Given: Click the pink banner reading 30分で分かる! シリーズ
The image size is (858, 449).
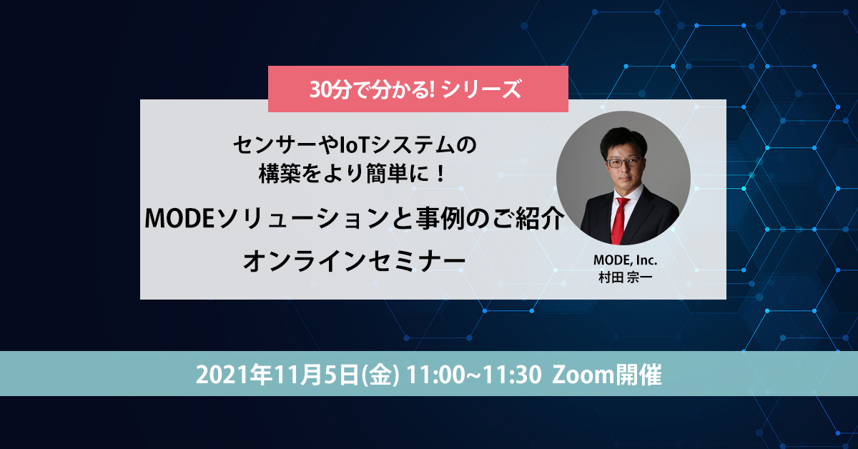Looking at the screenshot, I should click(x=418, y=89).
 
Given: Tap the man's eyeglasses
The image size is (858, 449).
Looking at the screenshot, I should click(x=621, y=162).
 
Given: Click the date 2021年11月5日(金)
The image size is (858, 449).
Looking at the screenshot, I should click(x=296, y=375).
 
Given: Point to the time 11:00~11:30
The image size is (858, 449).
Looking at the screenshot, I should click(x=471, y=375).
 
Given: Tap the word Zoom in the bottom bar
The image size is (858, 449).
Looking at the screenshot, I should click(x=583, y=375).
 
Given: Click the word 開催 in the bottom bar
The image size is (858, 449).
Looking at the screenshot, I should click(x=638, y=375).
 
